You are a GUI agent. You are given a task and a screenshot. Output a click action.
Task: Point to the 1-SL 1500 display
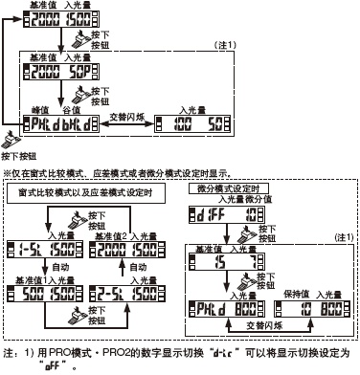(x=40, y=247)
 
